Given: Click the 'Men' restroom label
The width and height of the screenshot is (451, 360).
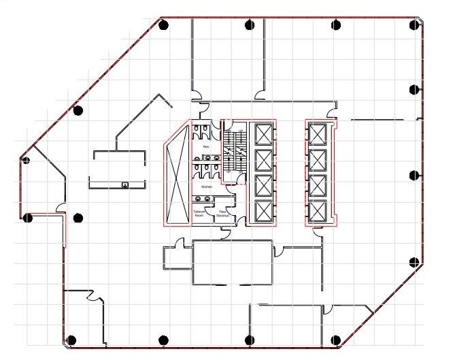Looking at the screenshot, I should click(x=205, y=147).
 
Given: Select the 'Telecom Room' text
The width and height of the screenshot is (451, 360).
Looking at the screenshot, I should click(x=199, y=214).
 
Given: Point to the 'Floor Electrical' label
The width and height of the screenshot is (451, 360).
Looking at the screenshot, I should click(x=223, y=214).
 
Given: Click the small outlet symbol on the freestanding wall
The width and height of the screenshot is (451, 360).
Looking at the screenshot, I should click(x=124, y=184).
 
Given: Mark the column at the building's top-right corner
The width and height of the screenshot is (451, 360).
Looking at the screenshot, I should click(x=414, y=25).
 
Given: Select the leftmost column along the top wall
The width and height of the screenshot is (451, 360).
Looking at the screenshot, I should click(x=163, y=26).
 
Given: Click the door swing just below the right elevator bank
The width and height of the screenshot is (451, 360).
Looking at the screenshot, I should click(x=318, y=233).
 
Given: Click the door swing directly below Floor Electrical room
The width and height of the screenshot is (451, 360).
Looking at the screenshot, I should click(x=225, y=233).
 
